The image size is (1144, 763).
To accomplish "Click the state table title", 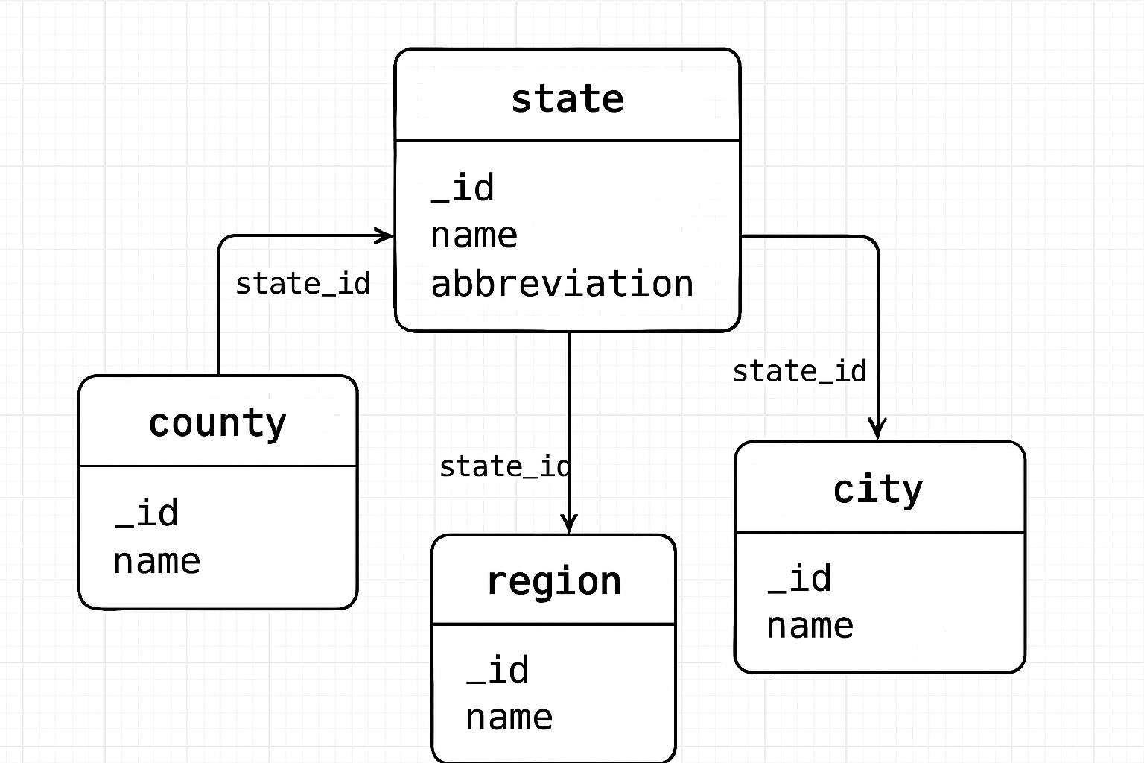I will tap(568, 99).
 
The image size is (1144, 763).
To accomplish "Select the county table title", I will tap(217, 424).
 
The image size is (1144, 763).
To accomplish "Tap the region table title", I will tap(553, 582).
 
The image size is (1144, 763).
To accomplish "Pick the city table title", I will tap(878, 490).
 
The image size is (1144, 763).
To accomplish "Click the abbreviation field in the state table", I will tap(562, 284).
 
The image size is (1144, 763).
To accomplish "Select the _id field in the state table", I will tap(463, 188).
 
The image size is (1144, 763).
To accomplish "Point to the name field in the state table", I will tap(474, 236).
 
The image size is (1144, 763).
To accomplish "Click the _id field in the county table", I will tap(147, 513).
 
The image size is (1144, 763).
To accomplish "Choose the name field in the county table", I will tap(157, 561).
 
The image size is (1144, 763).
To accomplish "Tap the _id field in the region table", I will tap(498, 670).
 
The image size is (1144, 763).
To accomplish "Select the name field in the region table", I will tap(509, 718).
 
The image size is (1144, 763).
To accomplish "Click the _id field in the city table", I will tap(800, 579).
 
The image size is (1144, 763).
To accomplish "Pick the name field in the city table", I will tap(810, 626).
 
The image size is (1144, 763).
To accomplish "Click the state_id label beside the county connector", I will tap(302, 284).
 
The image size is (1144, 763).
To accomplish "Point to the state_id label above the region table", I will tap(504, 467).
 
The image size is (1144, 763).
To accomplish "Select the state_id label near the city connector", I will tap(799, 372).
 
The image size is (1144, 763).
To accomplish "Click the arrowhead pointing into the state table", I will tap(386, 236).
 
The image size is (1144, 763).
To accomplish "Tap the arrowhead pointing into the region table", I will tap(569, 525).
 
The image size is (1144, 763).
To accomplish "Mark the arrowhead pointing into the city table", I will tap(877, 431).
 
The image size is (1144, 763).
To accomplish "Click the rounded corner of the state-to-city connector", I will tap(872, 243).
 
